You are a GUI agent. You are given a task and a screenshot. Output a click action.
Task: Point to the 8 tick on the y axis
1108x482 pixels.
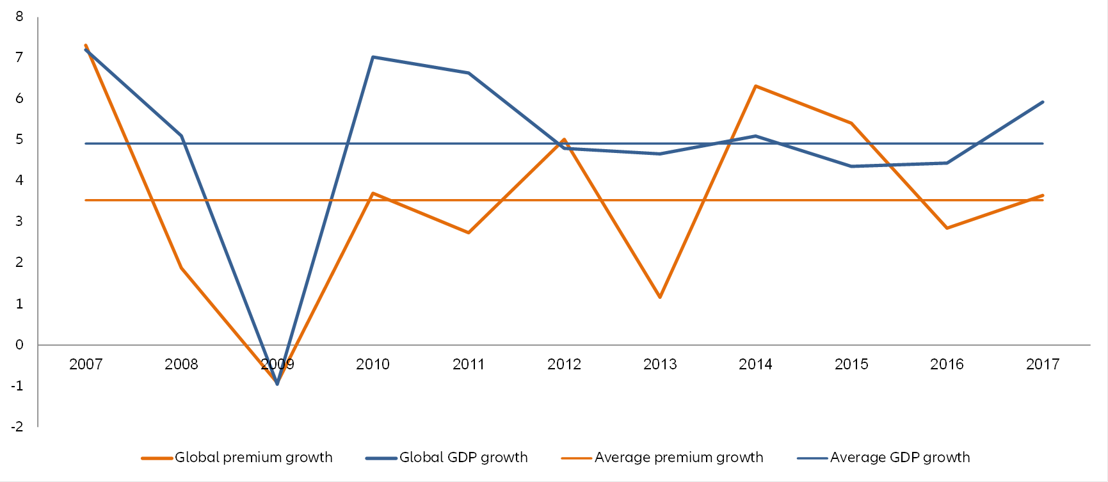tap(19, 17)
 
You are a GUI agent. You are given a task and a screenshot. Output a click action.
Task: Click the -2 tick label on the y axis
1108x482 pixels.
tap(17, 427)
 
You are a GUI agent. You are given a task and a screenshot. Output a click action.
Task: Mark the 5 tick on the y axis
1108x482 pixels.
tap(19, 140)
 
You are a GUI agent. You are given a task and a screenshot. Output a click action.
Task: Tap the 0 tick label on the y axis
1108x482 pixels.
tap(19, 345)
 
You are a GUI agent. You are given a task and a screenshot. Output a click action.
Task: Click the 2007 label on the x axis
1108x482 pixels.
tap(86, 365)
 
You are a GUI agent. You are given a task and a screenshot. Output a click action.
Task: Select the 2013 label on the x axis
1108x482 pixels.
tap(660, 365)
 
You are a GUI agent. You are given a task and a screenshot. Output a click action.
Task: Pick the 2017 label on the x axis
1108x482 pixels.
tap(1043, 365)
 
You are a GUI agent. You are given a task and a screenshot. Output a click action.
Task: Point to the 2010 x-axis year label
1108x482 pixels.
tap(373, 365)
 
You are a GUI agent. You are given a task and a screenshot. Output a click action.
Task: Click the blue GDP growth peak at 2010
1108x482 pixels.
tap(373, 57)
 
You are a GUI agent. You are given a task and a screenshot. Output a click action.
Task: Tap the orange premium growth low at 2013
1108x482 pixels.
tap(660, 298)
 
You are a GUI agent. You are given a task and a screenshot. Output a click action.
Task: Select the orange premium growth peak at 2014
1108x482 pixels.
tap(756, 86)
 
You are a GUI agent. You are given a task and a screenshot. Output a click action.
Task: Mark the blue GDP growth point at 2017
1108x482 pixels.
tap(1043, 102)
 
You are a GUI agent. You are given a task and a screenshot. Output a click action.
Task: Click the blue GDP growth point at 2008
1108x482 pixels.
tap(182, 136)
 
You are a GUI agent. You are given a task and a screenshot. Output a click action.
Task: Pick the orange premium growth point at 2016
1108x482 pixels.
tap(947, 228)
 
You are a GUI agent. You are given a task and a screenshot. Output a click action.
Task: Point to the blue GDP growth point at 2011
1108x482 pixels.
tap(469, 73)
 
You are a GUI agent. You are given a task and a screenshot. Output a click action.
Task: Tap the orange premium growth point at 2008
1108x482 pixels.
tap(182, 268)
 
